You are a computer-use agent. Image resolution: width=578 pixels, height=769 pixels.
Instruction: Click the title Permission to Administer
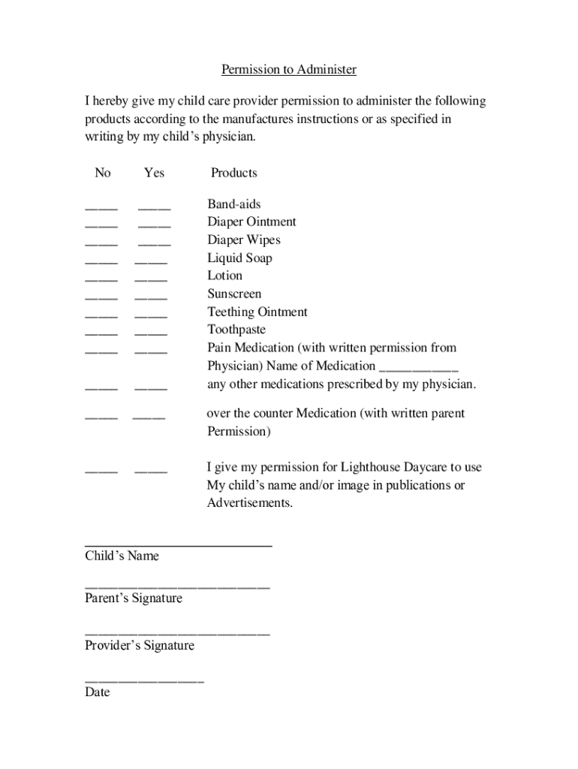[x=288, y=70]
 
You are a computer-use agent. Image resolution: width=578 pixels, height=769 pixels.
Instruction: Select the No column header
[x=102, y=173]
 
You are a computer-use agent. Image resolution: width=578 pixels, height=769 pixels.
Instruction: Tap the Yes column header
[x=154, y=173]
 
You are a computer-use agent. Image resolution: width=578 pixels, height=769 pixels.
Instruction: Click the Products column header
[x=233, y=173]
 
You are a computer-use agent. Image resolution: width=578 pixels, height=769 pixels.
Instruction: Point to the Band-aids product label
[x=234, y=204]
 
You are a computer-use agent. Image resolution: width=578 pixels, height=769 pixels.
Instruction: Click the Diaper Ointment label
[x=251, y=222]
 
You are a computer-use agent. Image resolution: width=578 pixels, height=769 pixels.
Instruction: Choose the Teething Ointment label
[x=257, y=312]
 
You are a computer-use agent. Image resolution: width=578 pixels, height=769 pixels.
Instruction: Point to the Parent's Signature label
[x=134, y=599]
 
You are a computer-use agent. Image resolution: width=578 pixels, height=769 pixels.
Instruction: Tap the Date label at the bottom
[x=98, y=692]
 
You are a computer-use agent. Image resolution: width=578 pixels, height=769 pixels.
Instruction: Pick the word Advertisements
[x=249, y=503]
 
